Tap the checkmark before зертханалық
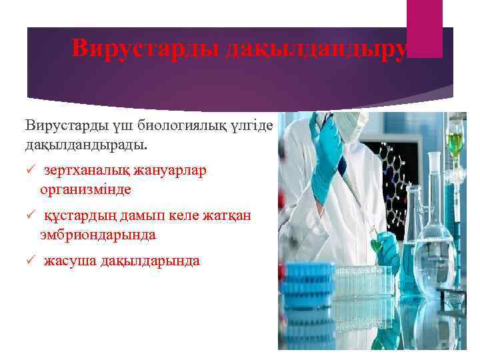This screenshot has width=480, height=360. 29,171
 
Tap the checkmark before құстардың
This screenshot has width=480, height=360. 29,216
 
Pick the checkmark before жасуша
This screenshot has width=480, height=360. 29,261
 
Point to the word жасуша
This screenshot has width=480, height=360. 69,261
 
